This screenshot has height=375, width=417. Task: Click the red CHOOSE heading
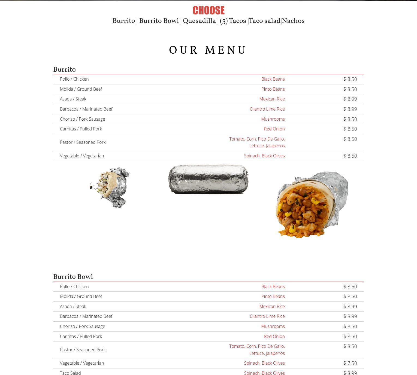click(x=208, y=11)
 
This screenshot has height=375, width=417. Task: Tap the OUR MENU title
click(x=208, y=50)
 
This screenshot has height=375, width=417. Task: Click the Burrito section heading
click(x=64, y=69)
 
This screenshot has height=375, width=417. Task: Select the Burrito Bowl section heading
click(x=73, y=277)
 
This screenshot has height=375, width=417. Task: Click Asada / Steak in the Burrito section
click(x=73, y=99)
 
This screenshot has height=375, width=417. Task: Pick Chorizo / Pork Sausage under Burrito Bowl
click(x=82, y=326)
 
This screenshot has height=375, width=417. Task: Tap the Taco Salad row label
click(x=70, y=373)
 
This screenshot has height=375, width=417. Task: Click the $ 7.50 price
click(x=350, y=363)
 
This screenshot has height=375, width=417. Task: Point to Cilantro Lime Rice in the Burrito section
click(x=267, y=109)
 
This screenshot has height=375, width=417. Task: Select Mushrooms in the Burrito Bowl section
click(x=273, y=326)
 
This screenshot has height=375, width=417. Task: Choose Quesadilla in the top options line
click(x=199, y=21)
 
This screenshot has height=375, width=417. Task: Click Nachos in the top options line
click(x=293, y=21)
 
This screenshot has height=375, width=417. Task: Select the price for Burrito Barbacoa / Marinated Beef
click(x=350, y=109)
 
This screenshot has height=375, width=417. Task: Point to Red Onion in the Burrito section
click(x=274, y=129)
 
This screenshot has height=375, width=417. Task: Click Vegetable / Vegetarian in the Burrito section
click(x=82, y=156)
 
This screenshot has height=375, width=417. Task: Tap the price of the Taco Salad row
click(x=350, y=373)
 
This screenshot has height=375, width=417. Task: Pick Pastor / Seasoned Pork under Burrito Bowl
click(x=83, y=350)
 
